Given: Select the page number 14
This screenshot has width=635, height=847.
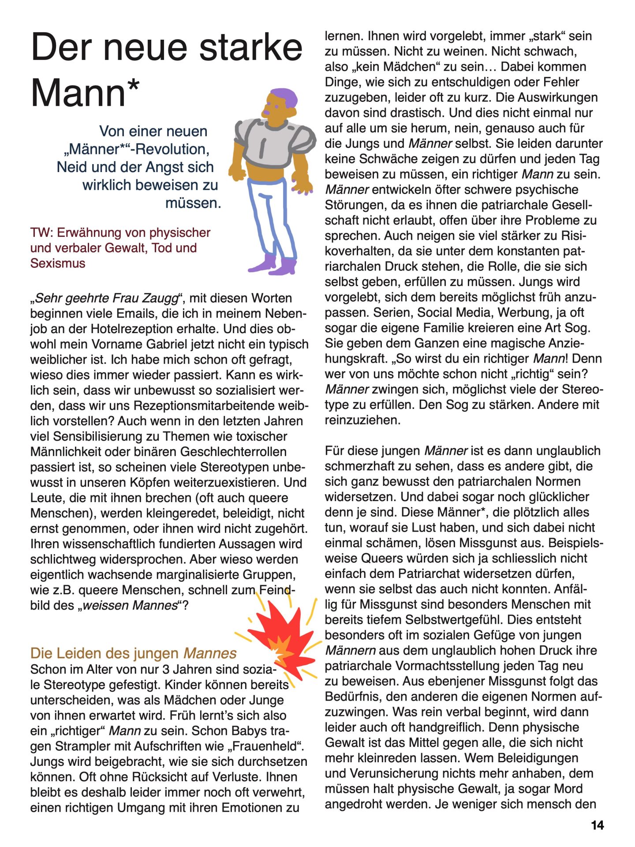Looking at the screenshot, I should click(x=597, y=825).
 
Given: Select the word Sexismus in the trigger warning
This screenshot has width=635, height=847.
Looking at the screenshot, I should click(x=58, y=263).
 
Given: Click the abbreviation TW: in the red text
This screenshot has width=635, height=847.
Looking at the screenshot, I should click(x=42, y=232).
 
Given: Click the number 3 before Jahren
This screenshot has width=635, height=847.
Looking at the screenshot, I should click(x=166, y=669).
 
